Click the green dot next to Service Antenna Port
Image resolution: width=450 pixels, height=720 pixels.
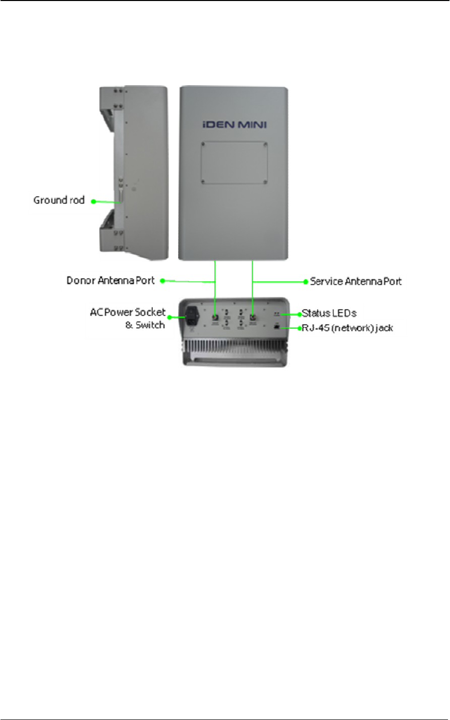(306, 281)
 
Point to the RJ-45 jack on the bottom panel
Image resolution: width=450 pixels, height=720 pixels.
(277, 327)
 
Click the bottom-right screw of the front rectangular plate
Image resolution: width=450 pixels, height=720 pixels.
(265, 182)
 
